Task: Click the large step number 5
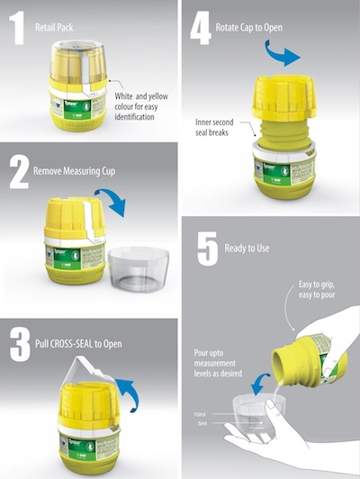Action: (x=208, y=248)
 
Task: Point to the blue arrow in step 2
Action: (x=113, y=200)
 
